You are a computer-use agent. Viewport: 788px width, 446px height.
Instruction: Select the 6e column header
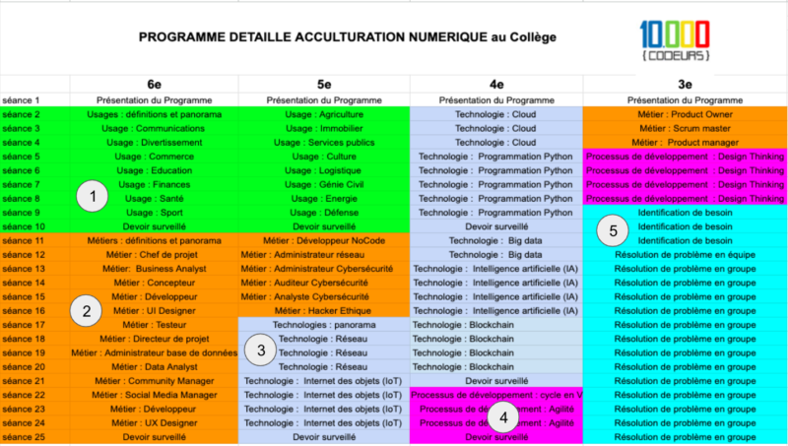click(153, 85)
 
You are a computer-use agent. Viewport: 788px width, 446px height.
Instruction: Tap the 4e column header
click(495, 85)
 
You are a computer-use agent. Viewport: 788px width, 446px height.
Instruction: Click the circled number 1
click(93, 197)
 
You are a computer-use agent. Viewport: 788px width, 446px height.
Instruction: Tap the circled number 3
click(261, 350)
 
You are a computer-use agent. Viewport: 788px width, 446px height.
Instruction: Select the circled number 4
click(504, 415)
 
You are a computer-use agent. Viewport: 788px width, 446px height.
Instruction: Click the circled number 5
click(614, 231)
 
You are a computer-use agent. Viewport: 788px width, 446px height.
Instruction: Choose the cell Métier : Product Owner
click(685, 114)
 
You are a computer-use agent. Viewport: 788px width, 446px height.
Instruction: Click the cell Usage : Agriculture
click(324, 114)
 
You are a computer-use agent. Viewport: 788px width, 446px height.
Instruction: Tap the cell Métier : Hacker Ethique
click(324, 310)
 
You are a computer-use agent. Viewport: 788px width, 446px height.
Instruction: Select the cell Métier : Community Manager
click(153, 380)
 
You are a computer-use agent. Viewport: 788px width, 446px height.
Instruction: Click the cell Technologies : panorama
click(324, 325)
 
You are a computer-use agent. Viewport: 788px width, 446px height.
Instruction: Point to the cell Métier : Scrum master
click(685, 128)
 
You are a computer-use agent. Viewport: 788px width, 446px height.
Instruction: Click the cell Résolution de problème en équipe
click(685, 254)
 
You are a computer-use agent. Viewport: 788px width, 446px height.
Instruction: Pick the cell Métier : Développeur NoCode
click(324, 240)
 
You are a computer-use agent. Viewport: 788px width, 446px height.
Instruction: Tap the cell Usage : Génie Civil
click(324, 184)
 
